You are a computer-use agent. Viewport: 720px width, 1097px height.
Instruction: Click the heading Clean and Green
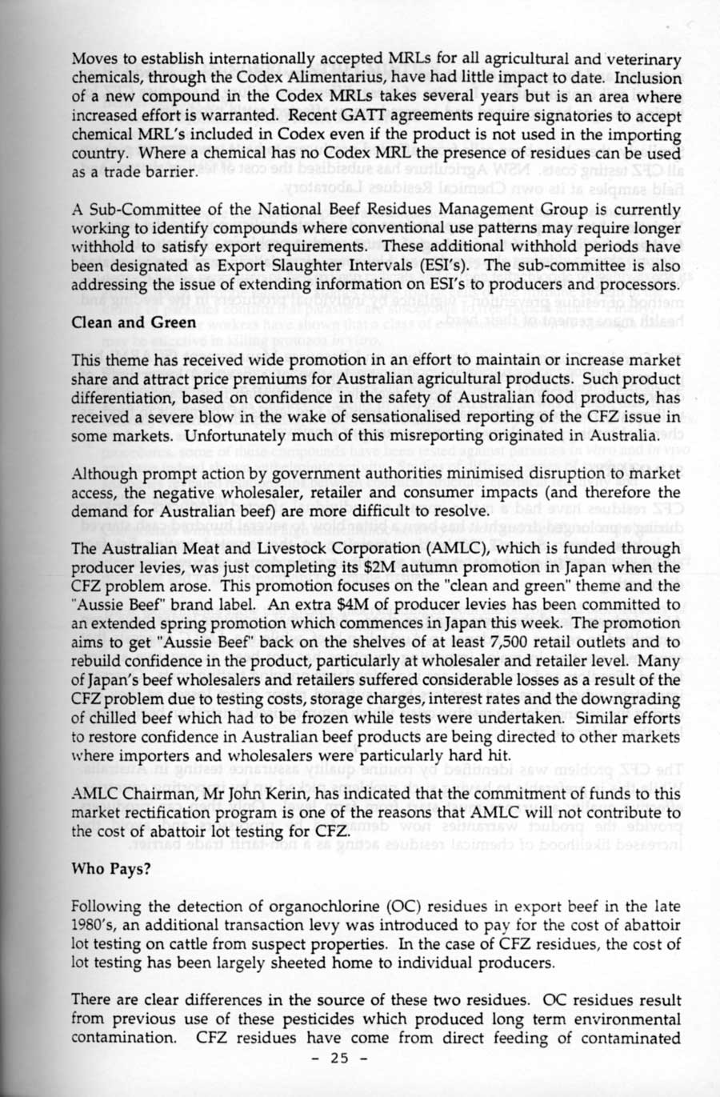pos(134,322)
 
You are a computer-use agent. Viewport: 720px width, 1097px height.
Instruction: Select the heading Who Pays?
pos(111,868)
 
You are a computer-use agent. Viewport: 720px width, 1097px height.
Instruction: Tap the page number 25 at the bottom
pos(340,1059)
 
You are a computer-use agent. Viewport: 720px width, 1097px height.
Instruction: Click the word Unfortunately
pos(232,435)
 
